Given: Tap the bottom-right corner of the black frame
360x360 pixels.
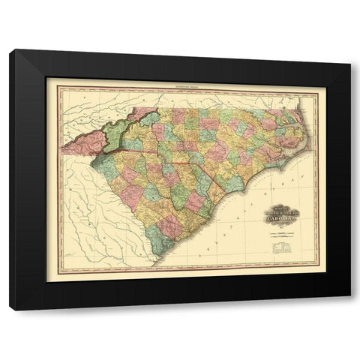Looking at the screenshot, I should pos(350,309).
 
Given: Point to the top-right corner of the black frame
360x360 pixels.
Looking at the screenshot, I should pos(350,50).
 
